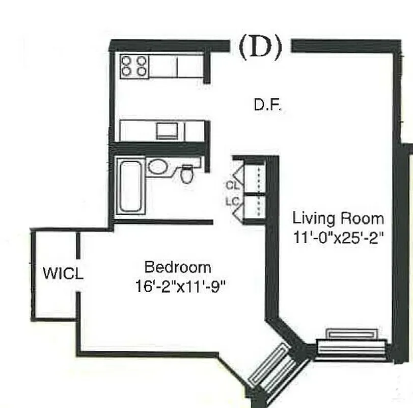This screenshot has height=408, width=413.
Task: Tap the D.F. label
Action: [268, 106]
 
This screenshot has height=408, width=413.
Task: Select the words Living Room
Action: [338, 219]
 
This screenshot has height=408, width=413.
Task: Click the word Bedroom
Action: [177, 267]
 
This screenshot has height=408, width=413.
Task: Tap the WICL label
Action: [63, 274]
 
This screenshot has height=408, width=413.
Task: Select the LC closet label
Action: [232, 201]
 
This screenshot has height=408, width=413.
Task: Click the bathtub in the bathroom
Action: [130, 186]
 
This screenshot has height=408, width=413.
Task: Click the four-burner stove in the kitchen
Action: [134, 67]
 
